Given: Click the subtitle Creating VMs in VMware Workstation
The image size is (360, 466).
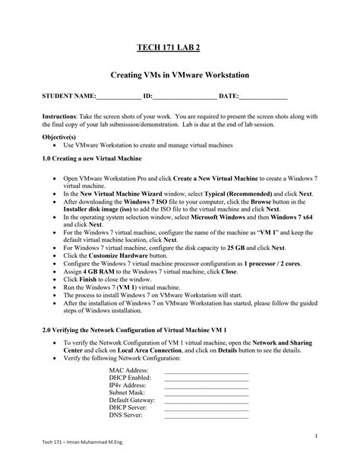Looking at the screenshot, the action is click(x=180, y=78).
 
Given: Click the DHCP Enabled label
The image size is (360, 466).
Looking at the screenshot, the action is click(x=130, y=378).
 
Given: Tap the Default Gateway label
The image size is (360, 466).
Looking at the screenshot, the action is click(x=131, y=400).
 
